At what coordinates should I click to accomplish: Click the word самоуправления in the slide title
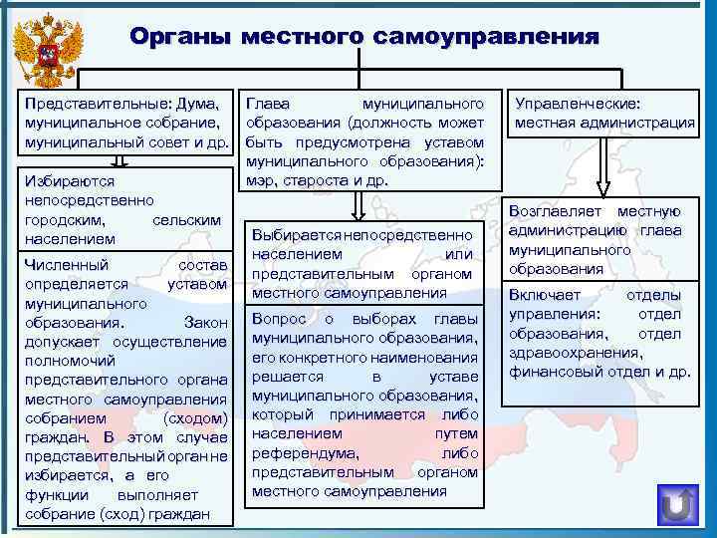(487, 37)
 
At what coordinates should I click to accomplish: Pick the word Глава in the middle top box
(267, 104)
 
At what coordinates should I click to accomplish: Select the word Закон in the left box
(207, 323)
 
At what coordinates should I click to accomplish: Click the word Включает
(545, 295)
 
